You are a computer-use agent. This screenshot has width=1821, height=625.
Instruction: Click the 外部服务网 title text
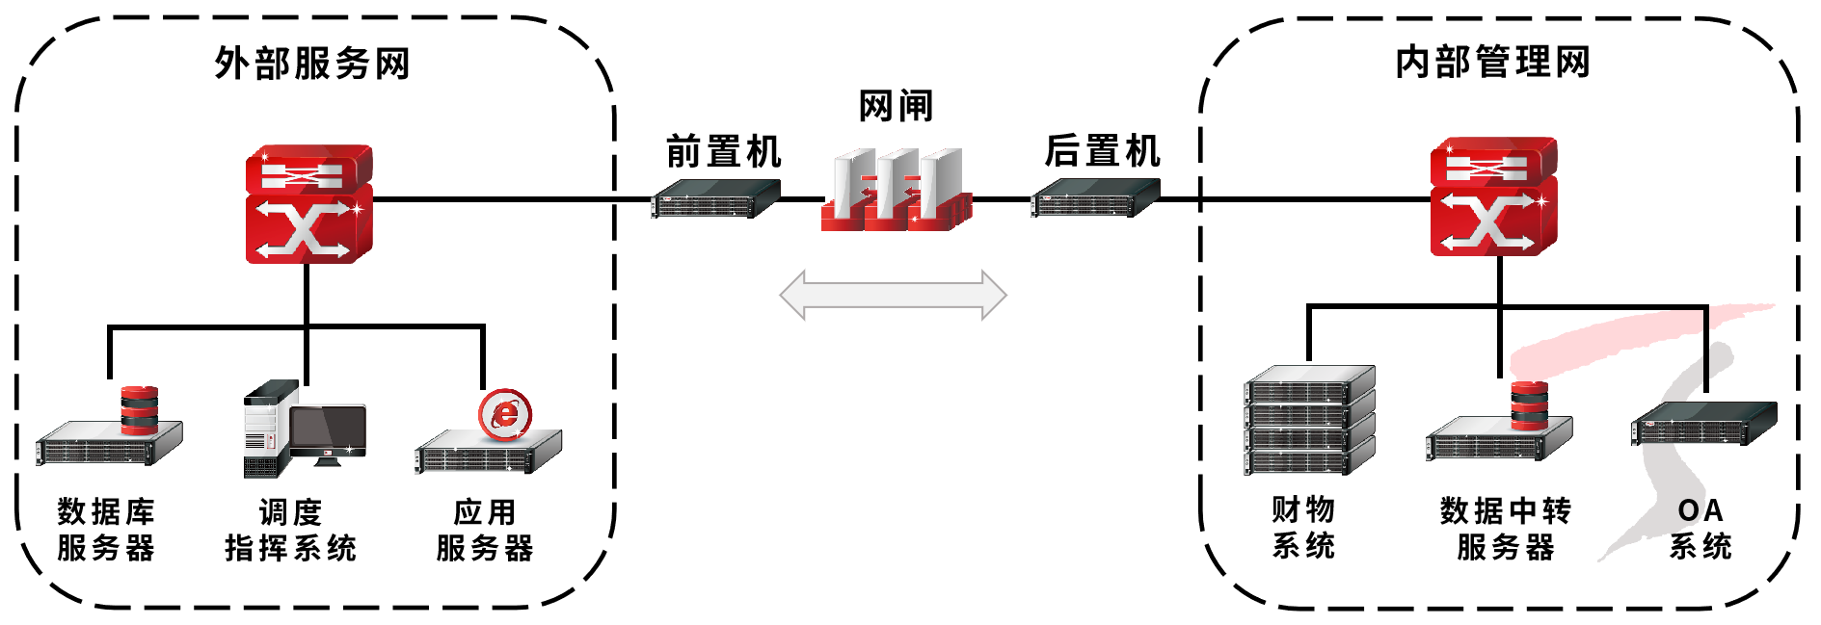tap(312, 64)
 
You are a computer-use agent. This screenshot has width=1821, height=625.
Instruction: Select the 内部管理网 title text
tap(1492, 62)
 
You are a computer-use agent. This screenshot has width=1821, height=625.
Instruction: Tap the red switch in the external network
tap(308, 204)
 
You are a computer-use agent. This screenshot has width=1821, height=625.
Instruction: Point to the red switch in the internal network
tap(1492, 197)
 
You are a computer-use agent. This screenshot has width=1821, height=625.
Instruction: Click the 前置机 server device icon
tap(714, 199)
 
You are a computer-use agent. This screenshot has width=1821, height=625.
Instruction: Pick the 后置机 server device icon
tap(1094, 198)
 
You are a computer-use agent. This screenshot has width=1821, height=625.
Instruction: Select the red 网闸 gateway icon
tap(897, 191)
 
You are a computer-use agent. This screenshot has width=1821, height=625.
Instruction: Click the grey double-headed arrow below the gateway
tap(893, 295)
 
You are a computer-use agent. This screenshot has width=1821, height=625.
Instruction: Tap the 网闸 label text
tap(896, 106)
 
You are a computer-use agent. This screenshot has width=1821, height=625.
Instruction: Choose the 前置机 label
tap(723, 152)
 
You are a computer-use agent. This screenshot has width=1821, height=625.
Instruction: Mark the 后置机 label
tap(1102, 151)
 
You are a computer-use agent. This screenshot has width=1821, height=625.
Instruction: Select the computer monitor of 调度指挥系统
tap(328, 431)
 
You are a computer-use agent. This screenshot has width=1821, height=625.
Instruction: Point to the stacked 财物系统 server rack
tap(1309, 420)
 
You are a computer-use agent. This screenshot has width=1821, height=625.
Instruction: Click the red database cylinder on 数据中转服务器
tap(1529, 405)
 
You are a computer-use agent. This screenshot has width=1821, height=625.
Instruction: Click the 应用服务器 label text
tap(485, 530)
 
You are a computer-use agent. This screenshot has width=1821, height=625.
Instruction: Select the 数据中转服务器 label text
tap(1505, 529)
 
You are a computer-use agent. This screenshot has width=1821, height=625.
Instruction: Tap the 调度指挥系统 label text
tap(290, 530)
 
